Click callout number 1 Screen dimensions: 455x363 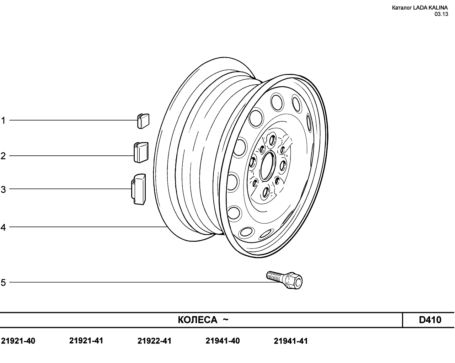(x=3, y=121)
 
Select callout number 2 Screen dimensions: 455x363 (x=3, y=156)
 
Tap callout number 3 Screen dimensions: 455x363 (x=3, y=189)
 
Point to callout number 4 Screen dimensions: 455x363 (x=3, y=228)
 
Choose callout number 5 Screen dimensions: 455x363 (x=3, y=282)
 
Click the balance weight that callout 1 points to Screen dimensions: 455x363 (x=143, y=121)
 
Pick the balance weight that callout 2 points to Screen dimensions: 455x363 (x=141, y=152)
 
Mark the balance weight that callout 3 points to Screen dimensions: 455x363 (x=139, y=189)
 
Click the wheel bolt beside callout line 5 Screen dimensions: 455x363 (x=284, y=280)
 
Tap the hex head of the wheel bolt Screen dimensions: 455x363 (x=294, y=281)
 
